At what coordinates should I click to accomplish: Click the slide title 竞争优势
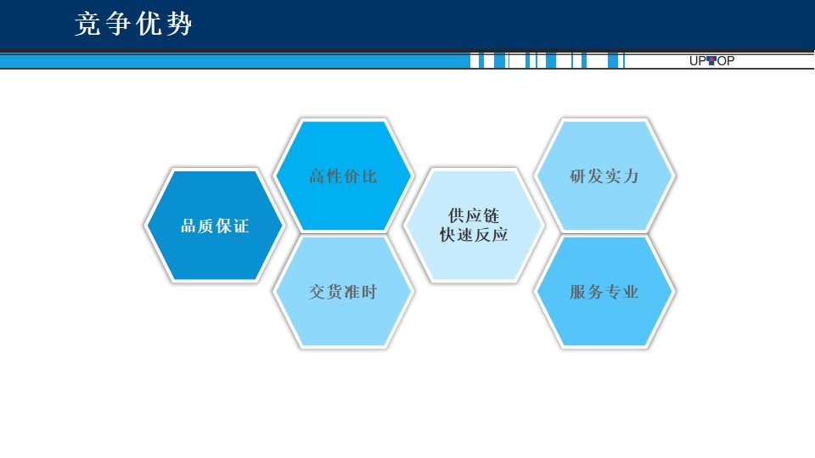(133, 24)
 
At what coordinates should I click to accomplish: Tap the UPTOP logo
(711, 61)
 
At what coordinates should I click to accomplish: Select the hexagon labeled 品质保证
(214, 226)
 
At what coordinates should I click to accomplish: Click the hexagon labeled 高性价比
(343, 176)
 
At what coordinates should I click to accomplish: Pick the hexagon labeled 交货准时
(343, 292)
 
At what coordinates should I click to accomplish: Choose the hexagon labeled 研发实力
(604, 176)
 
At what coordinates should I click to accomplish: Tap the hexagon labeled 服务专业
(604, 292)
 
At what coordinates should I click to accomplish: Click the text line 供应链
(474, 215)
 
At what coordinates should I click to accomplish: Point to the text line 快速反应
(474, 235)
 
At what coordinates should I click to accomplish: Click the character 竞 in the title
(87, 24)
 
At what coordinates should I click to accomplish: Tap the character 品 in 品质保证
(188, 226)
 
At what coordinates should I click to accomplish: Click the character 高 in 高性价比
(317, 176)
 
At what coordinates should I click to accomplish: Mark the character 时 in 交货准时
(369, 292)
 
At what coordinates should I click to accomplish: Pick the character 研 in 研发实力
(578, 176)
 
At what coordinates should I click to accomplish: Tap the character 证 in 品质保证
(241, 226)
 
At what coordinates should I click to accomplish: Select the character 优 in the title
(149, 24)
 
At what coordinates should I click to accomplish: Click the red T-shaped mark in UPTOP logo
(712, 60)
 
